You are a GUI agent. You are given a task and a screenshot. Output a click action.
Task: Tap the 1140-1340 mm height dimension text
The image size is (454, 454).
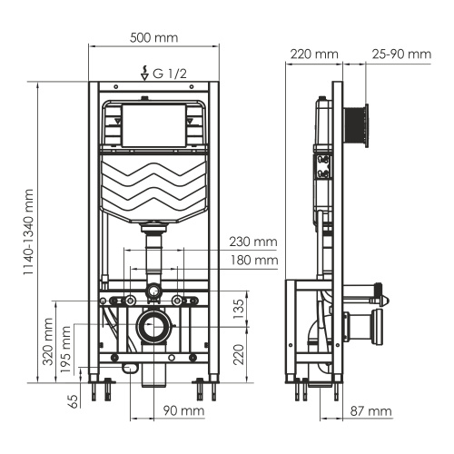pos(29,233)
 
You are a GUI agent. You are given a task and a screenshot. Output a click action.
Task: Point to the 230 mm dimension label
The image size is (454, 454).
pos(253,242)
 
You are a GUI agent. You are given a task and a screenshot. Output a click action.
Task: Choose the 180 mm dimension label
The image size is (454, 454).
pos(253,261)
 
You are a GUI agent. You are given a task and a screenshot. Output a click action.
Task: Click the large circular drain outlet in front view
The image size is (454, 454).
pos(154,326)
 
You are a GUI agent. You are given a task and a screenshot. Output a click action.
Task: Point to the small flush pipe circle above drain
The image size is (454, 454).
pos(154,292)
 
